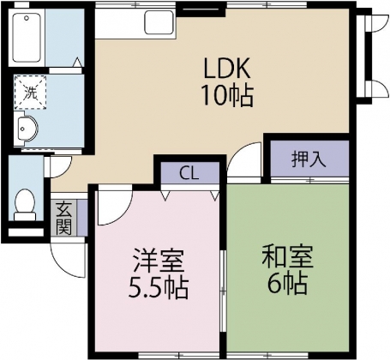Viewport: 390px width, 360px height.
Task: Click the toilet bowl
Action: (x=25, y=203)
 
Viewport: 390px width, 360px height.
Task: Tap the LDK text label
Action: (x=227, y=67)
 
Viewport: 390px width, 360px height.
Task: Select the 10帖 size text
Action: (x=227, y=96)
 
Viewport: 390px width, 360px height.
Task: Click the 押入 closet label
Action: (x=307, y=159)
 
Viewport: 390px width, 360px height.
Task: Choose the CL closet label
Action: (x=189, y=171)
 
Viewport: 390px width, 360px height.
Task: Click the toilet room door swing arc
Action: (x=57, y=168)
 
